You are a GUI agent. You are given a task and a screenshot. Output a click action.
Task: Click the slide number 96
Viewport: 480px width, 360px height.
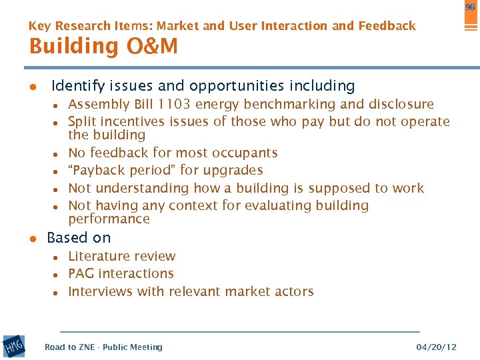pyautogui.click(x=470, y=7)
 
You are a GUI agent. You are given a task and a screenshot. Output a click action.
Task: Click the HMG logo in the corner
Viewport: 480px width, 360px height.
pyautogui.click(x=14, y=346)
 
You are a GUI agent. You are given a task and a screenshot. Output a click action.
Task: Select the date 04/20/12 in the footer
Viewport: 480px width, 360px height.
pyautogui.click(x=436, y=347)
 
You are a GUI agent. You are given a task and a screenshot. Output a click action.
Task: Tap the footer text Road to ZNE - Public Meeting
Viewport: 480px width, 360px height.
pyautogui.click(x=103, y=347)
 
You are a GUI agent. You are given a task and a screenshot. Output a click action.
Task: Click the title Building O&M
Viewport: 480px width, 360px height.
pyautogui.click(x=103, y=47)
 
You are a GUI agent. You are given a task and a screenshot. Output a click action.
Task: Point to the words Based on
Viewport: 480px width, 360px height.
pyautogui.click(x=79, y=237)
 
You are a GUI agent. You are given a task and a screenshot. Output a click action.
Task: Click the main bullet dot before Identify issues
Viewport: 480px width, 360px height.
pyautogui.click(x=31, y=87)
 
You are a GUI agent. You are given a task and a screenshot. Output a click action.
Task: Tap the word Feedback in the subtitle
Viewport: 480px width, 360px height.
pyautogui.click(x=387, y=26)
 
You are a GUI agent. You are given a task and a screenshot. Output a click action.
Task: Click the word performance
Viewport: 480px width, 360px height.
pyautogui.click(x=109, y=219)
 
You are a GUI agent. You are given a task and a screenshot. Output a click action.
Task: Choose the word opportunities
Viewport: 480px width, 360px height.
pyautogui.click(x=236, y=86)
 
